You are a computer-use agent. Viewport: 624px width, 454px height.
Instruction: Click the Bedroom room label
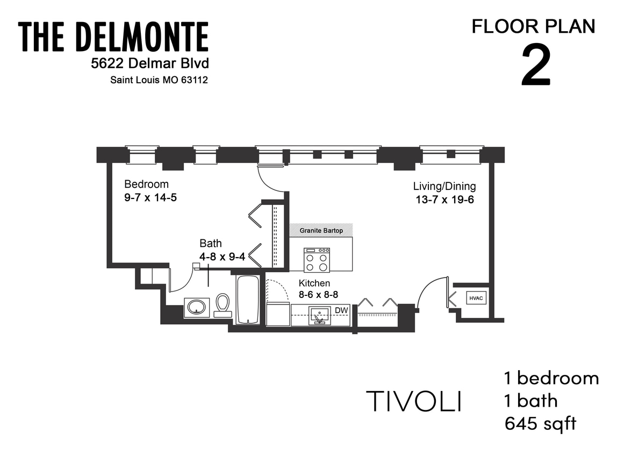[x=146, y=184]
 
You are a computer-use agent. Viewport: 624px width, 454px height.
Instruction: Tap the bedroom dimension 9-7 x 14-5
[x=150, y=197]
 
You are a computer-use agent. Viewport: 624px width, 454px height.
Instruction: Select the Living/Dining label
[x=444, y=187]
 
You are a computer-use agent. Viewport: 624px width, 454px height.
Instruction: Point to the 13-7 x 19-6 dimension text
[x=444, y=200]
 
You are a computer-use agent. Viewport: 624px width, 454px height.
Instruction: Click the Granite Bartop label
[x=321, y=231]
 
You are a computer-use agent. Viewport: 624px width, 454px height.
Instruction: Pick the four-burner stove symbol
[x=317, y=260]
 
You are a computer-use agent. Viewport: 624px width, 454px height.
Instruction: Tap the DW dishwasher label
[x=341, y=310]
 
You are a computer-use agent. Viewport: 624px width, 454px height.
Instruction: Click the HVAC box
[x=476, y=296]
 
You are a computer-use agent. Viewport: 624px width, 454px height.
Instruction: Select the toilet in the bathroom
[x=222, y=304]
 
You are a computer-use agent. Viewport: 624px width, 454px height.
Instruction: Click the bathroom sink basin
[x=196, y=307]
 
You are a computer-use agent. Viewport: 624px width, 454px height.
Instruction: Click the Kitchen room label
[x=314, y=283]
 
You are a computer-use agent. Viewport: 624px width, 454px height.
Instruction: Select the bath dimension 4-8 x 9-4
[x=222, y=257]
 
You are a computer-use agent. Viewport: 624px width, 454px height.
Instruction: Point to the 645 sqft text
[x=540, y=423]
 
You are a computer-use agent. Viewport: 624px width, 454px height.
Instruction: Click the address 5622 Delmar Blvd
[x=150, y=63]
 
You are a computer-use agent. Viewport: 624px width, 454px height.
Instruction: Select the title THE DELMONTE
[x=113, y=37]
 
